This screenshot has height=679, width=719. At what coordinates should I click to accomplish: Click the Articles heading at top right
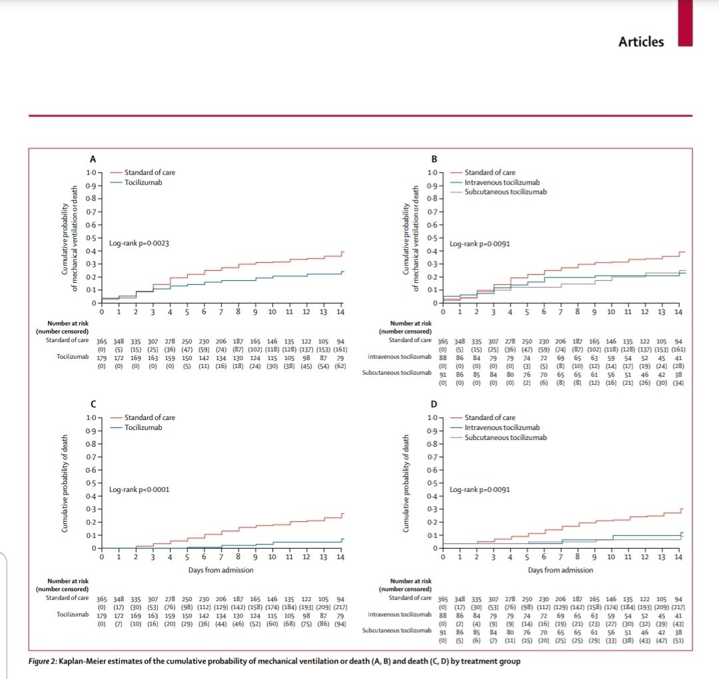click(x=640, y=41)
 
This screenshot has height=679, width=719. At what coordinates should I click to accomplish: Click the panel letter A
click(x=93, y=159)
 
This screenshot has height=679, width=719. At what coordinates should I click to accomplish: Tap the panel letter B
click(x=434, y=159)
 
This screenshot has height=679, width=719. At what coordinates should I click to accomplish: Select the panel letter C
click(x=93, y=403)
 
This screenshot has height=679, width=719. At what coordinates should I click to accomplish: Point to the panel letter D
click(x=434, y=403)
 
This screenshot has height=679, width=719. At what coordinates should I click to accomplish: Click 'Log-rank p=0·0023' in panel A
click(x=139, y=244)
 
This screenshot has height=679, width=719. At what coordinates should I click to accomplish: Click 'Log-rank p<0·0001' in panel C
click(x=139, y=489)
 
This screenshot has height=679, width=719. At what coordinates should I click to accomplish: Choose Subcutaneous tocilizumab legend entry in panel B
click(x=505, y=192)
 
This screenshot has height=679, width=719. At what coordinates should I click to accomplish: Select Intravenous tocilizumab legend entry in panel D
click(x=502, y=427)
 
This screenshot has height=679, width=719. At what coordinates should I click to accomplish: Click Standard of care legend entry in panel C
click(x=150, y=417)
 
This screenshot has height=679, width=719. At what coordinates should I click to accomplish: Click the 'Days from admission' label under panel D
click(x=561, y=570)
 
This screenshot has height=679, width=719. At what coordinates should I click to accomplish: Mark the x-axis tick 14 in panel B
click(x=678, y=312)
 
